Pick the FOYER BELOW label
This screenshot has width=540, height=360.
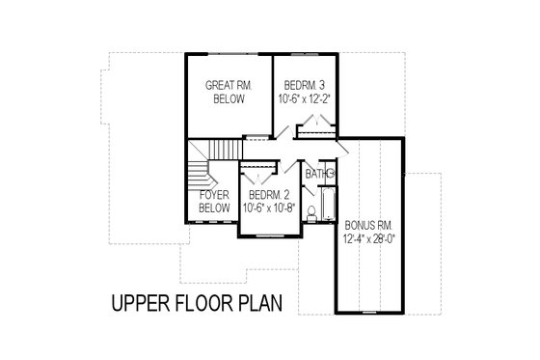[213, 200]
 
